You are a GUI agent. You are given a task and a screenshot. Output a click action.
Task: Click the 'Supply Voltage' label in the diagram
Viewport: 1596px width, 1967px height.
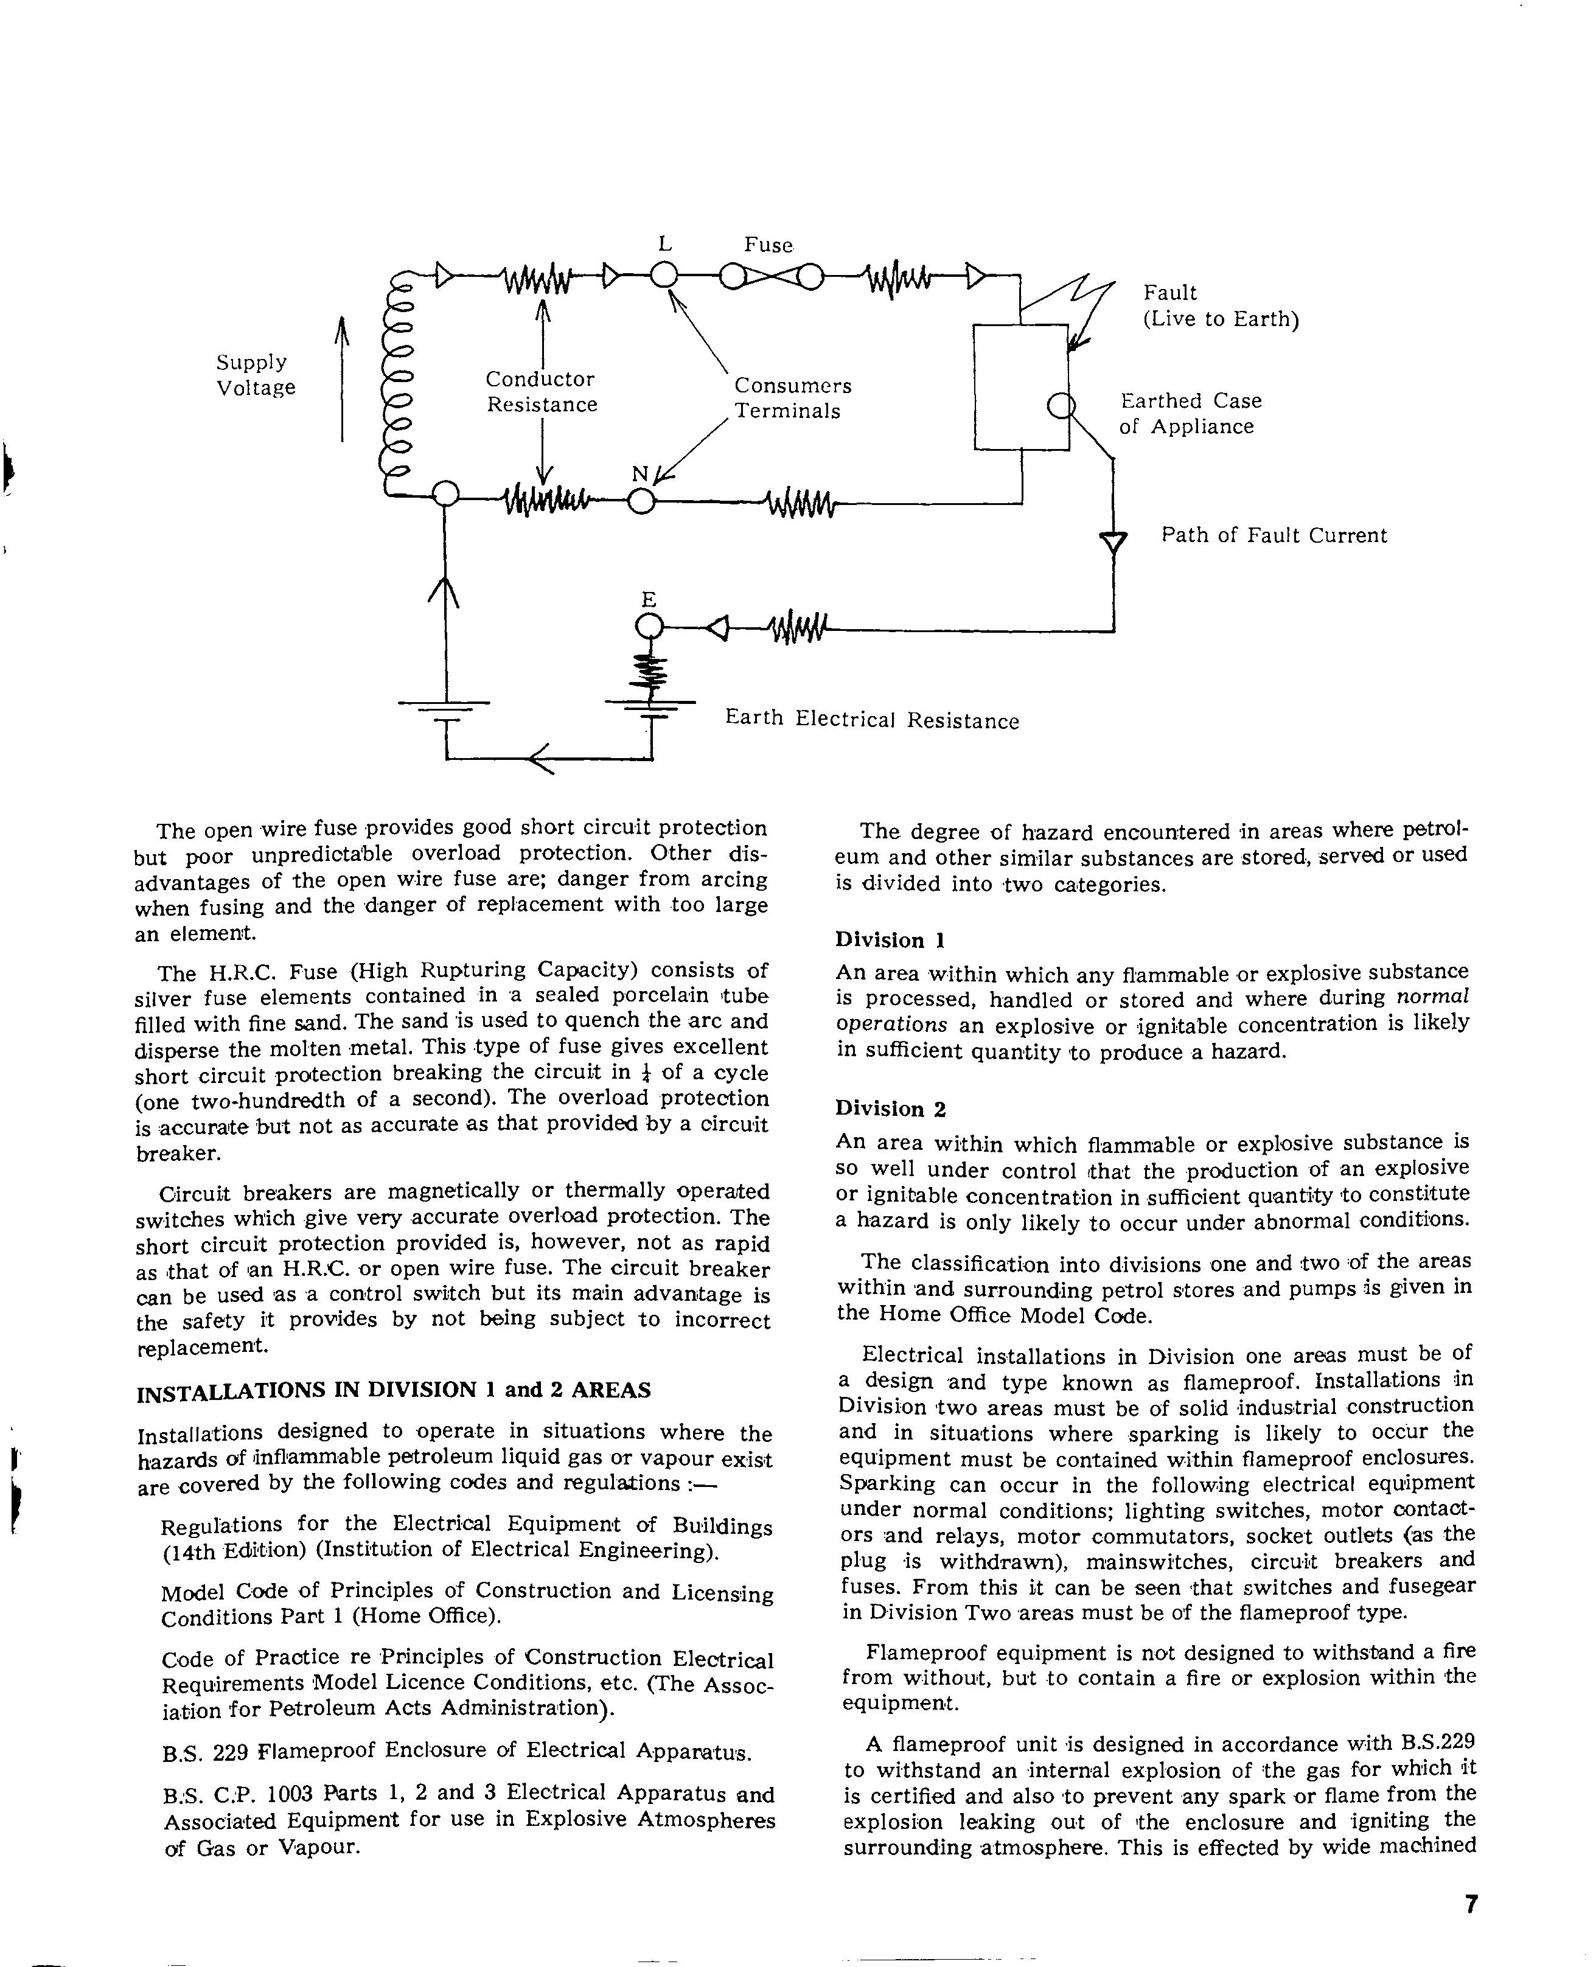tap(256, 375)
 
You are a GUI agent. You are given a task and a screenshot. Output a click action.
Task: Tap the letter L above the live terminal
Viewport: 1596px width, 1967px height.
tap(664, 243)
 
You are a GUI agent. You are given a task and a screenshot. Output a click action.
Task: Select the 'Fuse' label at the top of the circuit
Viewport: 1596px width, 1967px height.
tap(768, 245)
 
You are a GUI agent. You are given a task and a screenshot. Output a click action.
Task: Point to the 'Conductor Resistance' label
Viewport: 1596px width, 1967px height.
tap(542, 392)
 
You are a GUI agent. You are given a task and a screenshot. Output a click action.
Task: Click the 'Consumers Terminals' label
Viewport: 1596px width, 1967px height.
tap(792, 398)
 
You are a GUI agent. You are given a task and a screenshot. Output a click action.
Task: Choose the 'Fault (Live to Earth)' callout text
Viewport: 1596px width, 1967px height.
tap(1220, 306)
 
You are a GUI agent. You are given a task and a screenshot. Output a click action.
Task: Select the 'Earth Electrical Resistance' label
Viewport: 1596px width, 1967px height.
tap(871, 720)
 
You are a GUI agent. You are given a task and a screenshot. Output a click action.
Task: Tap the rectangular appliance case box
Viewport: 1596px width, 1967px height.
tap(1020, 386)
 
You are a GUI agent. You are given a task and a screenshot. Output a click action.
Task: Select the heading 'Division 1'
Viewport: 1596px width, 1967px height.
tap(890, 939)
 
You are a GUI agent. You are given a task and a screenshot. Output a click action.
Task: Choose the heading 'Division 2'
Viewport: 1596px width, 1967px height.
tap(890, 1109)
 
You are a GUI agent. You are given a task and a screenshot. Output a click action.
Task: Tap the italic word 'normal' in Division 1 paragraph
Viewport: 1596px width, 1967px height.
tap(1432, 997)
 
